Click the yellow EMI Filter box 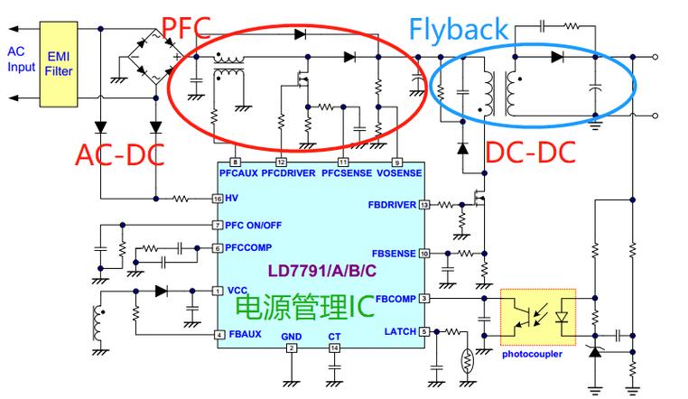[x=60, y=66]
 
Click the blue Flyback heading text [x=458, y=30]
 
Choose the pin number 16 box [x=217, y=199]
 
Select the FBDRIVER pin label [x=392, y=205]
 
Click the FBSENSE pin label [x=395, y=254]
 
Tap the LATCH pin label [x=400, y=332]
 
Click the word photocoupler [x=532, y=354]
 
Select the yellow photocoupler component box [x=538, y=317]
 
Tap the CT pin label [x=334, y=336]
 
